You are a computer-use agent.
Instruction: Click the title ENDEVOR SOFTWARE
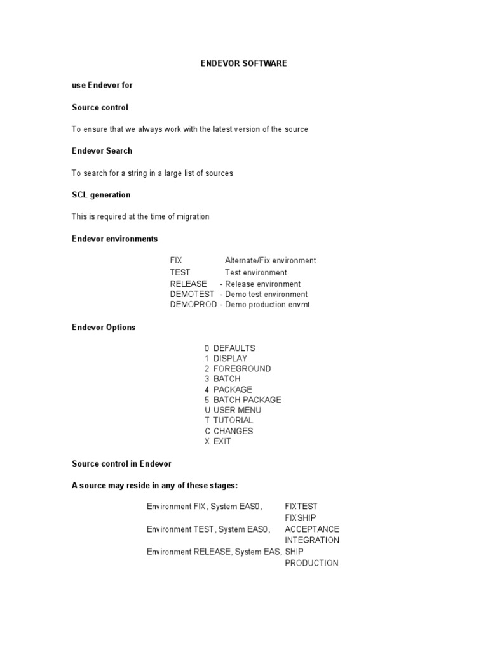pyautogui.click(x=244, y=63)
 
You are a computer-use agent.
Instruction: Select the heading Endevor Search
pyautogui.click(x=102, y=151)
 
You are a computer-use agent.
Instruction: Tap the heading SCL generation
pyautogui.click(x=101, y=195)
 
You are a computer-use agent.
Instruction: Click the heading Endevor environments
pyautogui.click(x=114, y=239)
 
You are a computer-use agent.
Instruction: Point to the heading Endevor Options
pyautogui.click(x=104, y=328)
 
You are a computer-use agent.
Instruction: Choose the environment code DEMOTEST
pyautogui.click(x=193, y=295)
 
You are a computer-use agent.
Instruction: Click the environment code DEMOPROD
pyautogui.click(x=193, y=305)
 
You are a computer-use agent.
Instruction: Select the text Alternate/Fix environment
pyautogui.click(x=270, y=260)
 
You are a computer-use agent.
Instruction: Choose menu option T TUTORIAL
pyautogui.click(x=228, y=420)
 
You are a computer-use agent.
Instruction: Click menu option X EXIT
pyautogui.click(x=217, y=441)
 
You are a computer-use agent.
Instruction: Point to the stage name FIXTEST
pyautogui.click(x=301, y=507)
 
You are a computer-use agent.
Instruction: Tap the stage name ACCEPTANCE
pyautogui.click(x=312, y=529)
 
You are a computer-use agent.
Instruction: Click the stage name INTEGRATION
pyautogui.click(x=312, y=540)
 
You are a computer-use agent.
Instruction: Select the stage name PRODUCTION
pyautogui.click(x=311, y=563)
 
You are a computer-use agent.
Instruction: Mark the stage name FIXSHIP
pyautogui.click(x=301, y=517)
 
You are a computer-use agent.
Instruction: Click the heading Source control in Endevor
pyautogui.click(x=121, y=463)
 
